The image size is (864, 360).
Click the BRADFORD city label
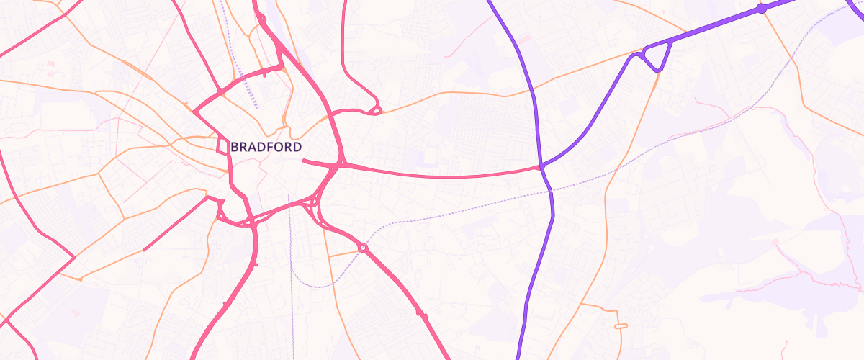[266, 147]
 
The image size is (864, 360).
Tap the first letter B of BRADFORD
[235, 147]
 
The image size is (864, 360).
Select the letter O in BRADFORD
[279, 147]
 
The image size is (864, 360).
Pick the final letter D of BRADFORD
[297, 147]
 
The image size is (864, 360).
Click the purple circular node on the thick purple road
[761, 9]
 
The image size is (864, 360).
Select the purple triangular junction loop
[657, 55]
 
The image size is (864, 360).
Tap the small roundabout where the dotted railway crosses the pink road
[363, 248]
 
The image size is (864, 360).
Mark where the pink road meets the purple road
[540, 168]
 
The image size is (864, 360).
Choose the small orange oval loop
[618, 326]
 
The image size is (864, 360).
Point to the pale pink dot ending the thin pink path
[775, 243]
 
